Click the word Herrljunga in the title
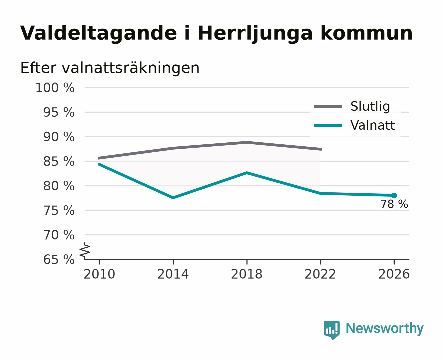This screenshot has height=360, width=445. point(255,33)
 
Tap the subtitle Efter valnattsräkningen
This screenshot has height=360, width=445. point(110,68)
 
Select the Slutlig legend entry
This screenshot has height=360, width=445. point(352,106)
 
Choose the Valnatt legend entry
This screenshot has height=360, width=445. point(354,125)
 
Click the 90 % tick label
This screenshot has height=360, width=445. point(59,137)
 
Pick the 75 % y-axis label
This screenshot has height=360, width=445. point(59,210)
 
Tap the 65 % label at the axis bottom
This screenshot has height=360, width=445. point(59,260)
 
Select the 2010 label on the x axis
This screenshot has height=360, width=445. point(100,274)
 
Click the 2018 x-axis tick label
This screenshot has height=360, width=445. point(247,274)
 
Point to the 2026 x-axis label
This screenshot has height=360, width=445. point(394,274)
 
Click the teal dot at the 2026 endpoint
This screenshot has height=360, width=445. point(394,195)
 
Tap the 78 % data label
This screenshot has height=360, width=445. point(394,204)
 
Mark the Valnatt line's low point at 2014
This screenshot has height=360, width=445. point(173,198)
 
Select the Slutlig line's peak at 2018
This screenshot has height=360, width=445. point(247,142)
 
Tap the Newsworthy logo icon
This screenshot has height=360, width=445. point(331,330)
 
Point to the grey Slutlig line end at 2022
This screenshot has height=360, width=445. point(321,149)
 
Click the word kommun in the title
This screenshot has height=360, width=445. point(366,33)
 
